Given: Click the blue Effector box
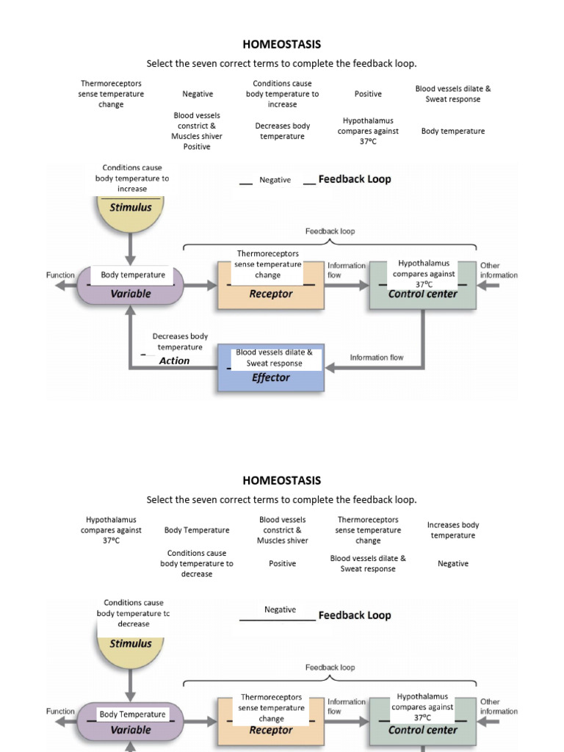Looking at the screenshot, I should (271, 377).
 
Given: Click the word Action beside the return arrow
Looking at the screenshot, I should (174, 361).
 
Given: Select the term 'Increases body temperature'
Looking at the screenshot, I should (453, 530).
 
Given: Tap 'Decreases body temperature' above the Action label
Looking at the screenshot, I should (180, 341).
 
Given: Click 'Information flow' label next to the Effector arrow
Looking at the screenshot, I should (376, 358).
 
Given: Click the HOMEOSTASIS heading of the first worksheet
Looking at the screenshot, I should (282, 44).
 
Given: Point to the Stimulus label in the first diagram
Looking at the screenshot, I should (131, 207).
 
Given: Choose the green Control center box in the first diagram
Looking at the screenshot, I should (422, 294).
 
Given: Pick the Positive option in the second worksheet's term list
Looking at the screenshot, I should (282, 563).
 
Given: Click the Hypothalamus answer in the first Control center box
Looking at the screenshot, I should (424, 273).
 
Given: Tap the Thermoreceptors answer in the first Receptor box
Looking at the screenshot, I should (268, 264).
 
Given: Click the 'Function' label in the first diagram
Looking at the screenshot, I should (60, 275).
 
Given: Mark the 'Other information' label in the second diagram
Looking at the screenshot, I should (499, 706).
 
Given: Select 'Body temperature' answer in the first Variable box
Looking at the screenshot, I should (133, 275).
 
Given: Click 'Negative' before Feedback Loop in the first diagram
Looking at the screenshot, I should (275, 180).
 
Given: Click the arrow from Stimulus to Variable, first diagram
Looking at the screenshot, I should (131, 250).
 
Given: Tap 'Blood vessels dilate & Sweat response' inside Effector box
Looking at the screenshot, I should (274, 358).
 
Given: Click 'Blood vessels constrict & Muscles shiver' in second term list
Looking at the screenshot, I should (282, 530).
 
